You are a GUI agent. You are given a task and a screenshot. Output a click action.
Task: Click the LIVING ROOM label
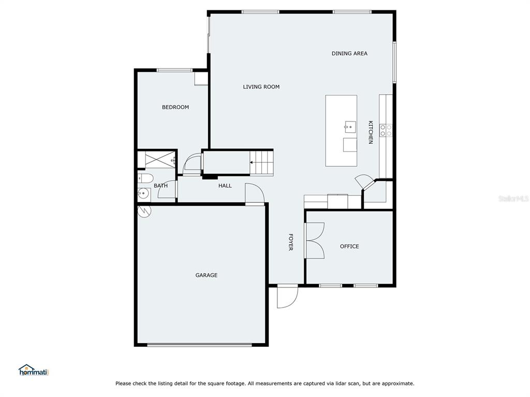261,87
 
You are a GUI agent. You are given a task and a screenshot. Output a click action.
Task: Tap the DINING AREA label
349,53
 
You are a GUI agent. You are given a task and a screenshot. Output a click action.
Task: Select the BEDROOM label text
175,107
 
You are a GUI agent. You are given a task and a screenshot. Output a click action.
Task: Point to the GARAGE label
206,275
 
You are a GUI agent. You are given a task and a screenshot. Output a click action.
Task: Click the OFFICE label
349,247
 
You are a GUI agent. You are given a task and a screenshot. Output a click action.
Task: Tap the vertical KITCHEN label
371,132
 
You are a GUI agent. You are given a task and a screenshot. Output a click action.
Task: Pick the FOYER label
291,242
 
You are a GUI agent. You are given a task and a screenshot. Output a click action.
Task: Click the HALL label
225,186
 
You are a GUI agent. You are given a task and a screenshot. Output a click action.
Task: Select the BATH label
160,186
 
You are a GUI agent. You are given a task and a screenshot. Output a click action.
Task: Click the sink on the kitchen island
350,127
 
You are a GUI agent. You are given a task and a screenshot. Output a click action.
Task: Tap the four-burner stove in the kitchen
386,130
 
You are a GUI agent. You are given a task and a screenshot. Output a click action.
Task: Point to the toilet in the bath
145,178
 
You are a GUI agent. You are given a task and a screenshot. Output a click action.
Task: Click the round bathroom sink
144,193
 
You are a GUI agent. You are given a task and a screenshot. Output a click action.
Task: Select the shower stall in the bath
160,159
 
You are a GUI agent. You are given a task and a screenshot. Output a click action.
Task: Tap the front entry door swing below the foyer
287,297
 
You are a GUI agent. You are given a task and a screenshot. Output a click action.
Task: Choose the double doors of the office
314,241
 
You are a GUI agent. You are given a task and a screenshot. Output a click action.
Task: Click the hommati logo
34,370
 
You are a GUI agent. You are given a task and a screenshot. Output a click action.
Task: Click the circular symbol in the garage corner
144,211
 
